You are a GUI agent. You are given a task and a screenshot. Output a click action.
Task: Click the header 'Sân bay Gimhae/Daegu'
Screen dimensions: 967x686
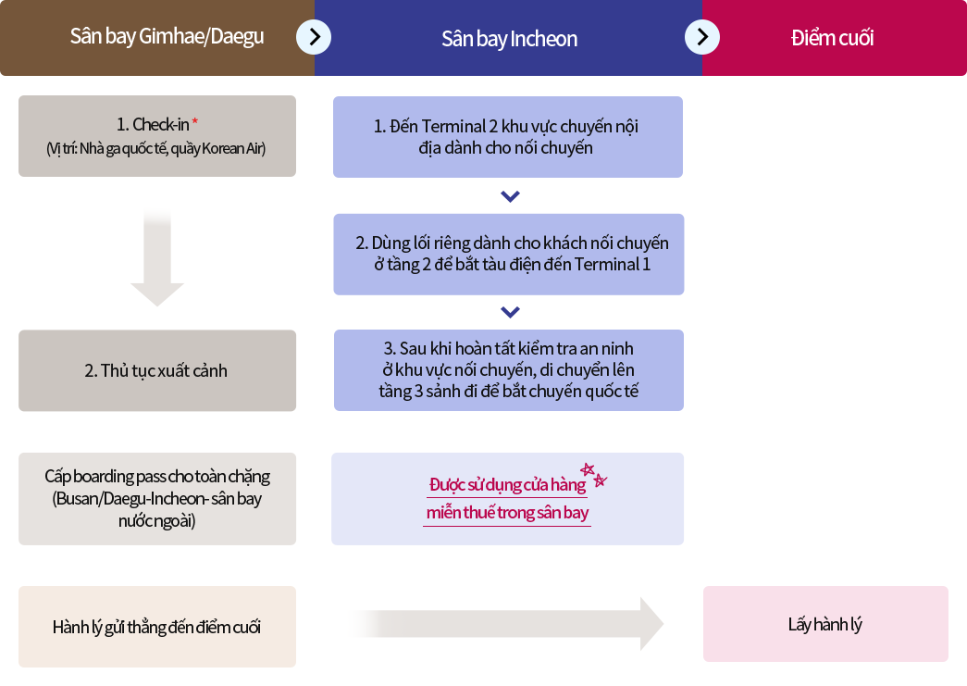coord(167,36)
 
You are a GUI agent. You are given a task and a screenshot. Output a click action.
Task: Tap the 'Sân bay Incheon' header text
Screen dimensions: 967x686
coord(509,39)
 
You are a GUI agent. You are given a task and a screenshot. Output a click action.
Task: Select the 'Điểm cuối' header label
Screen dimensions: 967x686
coord(832,38)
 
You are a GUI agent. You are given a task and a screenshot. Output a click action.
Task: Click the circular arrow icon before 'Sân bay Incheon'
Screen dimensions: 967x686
coord(314,37)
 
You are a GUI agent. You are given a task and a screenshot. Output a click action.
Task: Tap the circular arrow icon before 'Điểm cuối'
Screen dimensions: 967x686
coord(702,37)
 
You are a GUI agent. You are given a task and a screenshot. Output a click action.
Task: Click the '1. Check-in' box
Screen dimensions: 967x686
coord(157,136)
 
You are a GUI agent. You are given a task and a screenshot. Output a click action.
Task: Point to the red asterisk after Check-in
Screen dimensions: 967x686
coord(195,122)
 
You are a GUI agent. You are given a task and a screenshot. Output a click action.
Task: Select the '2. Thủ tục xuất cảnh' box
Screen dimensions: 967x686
coord(157,370)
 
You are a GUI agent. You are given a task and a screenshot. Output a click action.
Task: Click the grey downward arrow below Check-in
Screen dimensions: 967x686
coord(157,257)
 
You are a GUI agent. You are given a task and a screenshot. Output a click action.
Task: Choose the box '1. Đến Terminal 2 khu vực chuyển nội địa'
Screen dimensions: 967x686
coord(508,137)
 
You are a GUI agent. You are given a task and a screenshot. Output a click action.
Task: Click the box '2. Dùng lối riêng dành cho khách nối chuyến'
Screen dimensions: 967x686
coord(509,255)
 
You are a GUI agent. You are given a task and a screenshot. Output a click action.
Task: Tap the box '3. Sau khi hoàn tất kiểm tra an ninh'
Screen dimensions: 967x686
coord(509,370)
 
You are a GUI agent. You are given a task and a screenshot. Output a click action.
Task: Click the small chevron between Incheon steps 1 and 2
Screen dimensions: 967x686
coord(510,196)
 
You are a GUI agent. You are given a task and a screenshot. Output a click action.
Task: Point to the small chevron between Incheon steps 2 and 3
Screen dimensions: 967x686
coord(510,312)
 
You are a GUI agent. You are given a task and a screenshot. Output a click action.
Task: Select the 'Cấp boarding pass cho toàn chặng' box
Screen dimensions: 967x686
coord(157,498)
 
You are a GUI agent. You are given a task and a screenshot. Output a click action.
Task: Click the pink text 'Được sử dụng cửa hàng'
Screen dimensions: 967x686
coord(507,485)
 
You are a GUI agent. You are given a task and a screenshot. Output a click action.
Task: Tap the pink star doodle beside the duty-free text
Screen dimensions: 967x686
coord(594,474)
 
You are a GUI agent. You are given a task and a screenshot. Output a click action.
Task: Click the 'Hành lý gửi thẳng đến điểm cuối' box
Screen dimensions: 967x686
coord(157,627)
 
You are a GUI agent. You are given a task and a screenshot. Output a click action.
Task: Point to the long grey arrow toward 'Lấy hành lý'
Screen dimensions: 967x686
coord(505,624)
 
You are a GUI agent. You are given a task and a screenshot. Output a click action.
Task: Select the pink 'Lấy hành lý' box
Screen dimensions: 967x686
coord(825,624)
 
